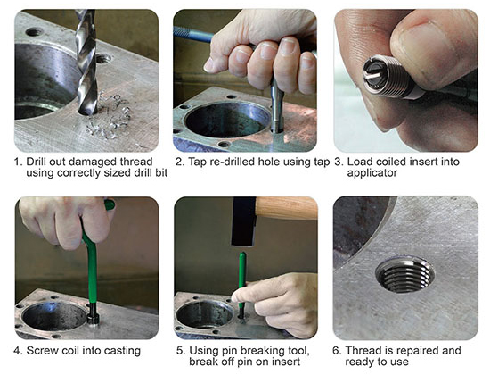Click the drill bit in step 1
(x=86, y=62)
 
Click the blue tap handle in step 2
(x=193, y=35)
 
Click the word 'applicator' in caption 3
(x=372, y=173)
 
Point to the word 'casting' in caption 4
(x=123, y=351)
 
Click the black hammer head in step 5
(x=244, y=221)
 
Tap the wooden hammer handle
(x=287, y=207)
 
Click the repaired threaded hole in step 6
(x=405, y=276)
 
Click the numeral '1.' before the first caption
(x=18, y=162)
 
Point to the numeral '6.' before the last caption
(x=337, y=351)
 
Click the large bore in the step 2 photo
(x=227, y=119)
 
